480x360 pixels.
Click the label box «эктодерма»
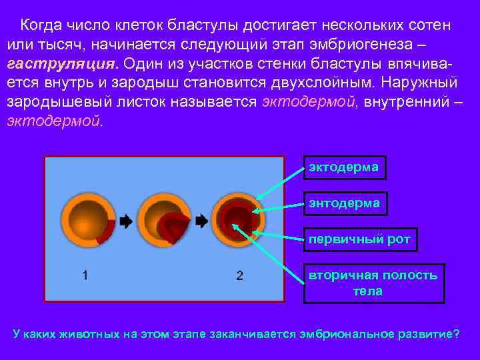pos(343,167)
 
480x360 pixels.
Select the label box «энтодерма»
pos(344,203)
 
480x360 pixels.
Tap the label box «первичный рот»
pos(360,239)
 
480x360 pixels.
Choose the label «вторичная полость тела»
pos(373,283)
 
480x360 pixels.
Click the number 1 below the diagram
pos(85,275)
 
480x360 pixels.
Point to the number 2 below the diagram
pos(240,275)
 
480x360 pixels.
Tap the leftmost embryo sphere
pos(87,221)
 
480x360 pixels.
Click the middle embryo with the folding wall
pos(163,221)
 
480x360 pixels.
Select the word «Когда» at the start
pos(42,25)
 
